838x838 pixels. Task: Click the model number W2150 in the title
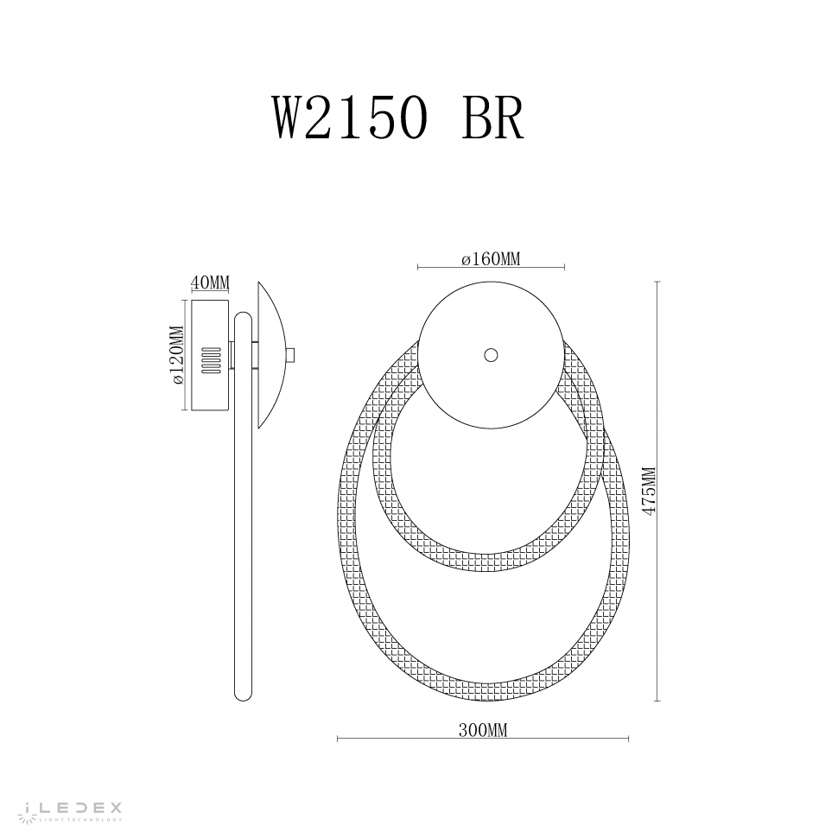point(351,118)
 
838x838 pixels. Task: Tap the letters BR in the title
point(492,118)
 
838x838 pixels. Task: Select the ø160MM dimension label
point(491,259)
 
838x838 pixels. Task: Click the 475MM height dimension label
point(649,491)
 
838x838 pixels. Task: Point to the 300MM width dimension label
point(483,729)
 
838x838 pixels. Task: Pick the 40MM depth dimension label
point(210,283)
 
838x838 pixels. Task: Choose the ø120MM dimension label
point(177,355)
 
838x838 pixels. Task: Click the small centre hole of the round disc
point(491,355)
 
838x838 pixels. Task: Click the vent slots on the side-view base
point(210,360)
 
